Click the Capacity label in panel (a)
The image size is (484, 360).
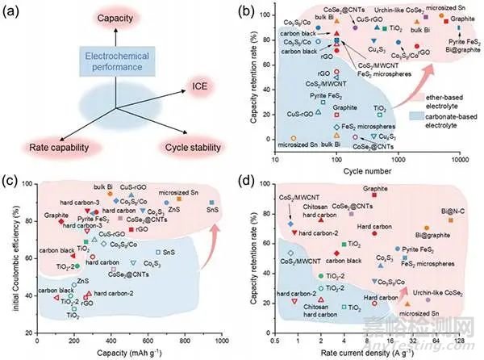(115, 17)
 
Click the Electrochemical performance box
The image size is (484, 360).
(115, 59)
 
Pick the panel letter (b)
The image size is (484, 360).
(254, 12)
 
